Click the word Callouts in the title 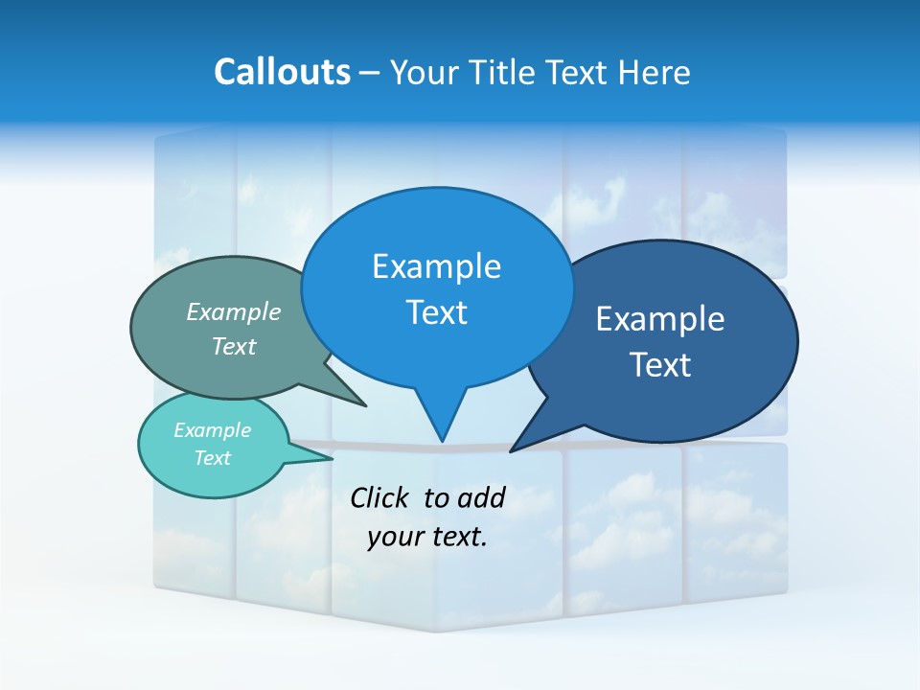coord(282,72)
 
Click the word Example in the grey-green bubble coord(234,311)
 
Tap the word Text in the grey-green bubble coord(234,346)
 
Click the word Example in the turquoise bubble coord(212,430)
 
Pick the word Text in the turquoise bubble coord(212,458)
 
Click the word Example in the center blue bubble coord(436,266)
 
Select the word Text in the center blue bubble coord(436,312)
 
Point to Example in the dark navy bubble coord(660,319)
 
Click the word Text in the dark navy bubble coord(660,365)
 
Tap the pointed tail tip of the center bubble coord(442,441)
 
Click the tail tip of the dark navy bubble coord(512,450)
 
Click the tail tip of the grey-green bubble coord(365,405)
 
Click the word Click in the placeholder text coord(380,497)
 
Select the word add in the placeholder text coord(481,497)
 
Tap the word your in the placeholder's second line coord(393,537)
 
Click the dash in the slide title coord(370,73)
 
